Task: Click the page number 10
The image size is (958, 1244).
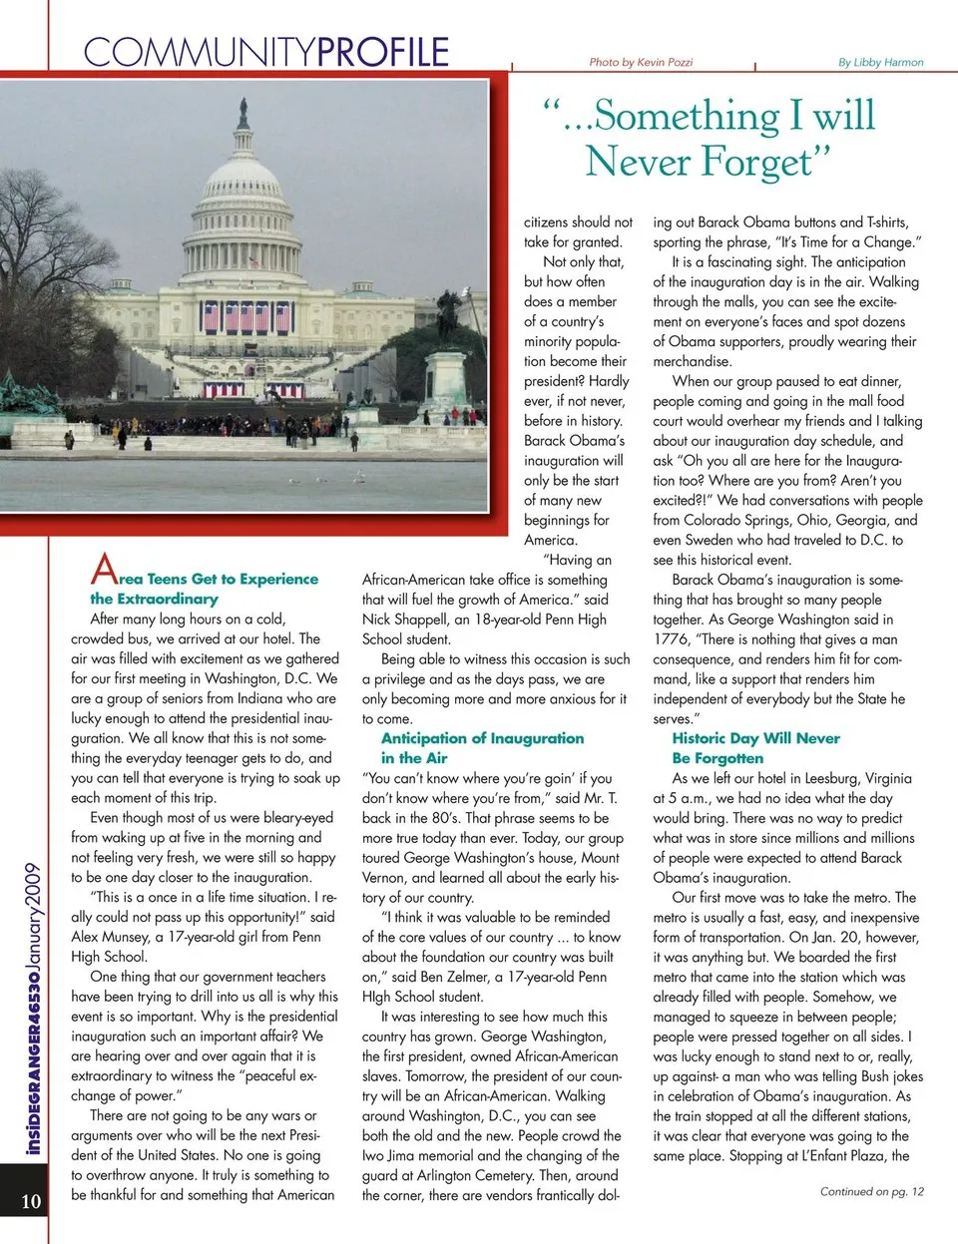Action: [x=31, y=1200]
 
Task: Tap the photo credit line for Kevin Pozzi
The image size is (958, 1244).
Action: [x=641, y=62]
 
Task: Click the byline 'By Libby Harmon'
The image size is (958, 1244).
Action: [x=880, y=62]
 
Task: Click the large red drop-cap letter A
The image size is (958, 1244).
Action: [x=104, y=570]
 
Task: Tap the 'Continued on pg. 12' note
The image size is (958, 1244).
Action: [x=871, y=1191]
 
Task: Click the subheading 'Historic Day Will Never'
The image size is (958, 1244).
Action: [x=755, y=738]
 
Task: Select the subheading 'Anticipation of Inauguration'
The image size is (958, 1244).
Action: [x=482, y=738]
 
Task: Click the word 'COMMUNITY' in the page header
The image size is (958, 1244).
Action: [x=200, y=52]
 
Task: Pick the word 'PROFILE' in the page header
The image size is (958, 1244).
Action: [x=383, y=52]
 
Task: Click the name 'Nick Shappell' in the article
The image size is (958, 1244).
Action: [x=404, y=620]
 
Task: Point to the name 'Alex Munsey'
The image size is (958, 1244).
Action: [x=111, y=937]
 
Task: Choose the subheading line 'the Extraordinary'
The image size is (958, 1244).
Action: [x=154, y=599]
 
